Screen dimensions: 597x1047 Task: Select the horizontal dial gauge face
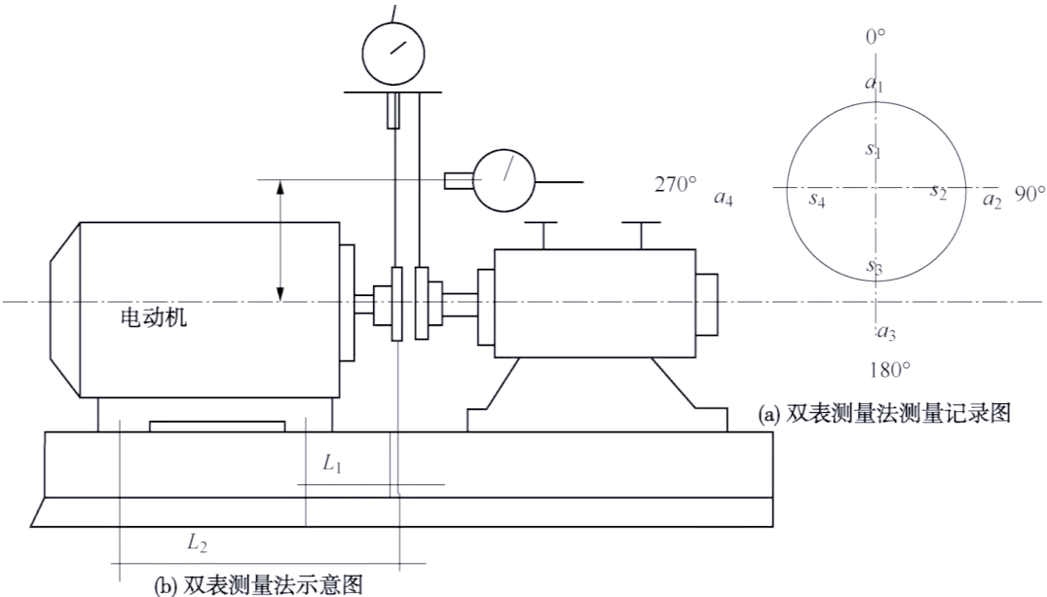[x=505, y=178]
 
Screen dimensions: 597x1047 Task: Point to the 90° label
[x=1028, y=194]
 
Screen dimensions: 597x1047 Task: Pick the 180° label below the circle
[x=887, y=370]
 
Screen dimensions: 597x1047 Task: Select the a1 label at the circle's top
[x=874, y=85]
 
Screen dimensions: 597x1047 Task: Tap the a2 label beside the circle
[x=991, y=201]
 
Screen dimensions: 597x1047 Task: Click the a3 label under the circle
[x=885, y=333]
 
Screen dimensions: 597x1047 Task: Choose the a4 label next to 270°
[x=723, y=200]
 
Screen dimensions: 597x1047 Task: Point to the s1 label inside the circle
[x=873, y=150]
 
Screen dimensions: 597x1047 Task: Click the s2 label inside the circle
[x=938, y=190]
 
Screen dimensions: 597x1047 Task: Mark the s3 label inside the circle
[x=874, y=265]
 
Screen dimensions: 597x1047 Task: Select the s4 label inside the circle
[x=817, y=201]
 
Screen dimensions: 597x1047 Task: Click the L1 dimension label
[x=332, y=465]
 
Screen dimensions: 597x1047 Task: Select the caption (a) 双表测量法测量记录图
[x=884, y=413]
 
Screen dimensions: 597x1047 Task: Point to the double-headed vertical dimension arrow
[x=281, y=240]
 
